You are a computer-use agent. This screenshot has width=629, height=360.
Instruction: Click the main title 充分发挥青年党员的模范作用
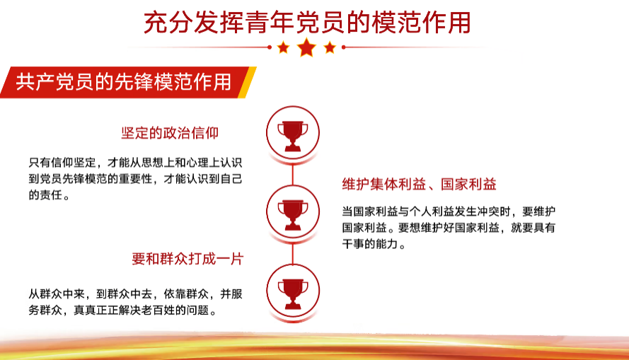(307, 23)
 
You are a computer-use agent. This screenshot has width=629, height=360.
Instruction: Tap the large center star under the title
(307, 47)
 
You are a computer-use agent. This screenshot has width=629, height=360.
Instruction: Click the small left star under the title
(283, 47)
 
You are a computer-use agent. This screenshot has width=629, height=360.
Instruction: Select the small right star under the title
(330, 47)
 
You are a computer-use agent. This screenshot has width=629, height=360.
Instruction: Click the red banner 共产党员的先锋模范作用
(124, 82)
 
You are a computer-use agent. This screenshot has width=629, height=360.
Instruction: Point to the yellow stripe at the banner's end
(247, 82)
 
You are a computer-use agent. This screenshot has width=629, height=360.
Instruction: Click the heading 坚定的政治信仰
(170, 133)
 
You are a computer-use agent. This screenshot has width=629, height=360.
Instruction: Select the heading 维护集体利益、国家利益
(419, 184)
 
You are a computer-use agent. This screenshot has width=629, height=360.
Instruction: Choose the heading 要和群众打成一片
(187, 259)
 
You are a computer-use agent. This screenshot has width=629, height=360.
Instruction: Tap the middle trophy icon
(293, 214)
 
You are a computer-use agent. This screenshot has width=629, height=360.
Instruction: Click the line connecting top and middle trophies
(293, 174)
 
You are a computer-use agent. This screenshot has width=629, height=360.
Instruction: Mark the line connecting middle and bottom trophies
(293, 253)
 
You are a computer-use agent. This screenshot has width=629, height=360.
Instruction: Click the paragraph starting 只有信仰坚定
(135, 179)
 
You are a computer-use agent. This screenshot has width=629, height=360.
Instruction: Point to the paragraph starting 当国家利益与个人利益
(449, 228)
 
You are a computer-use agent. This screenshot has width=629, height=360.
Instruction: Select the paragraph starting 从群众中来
(135, 302)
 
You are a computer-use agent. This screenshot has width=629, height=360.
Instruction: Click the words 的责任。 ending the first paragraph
(49, 195)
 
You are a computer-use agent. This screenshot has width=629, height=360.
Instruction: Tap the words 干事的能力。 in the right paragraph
(374, 244)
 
